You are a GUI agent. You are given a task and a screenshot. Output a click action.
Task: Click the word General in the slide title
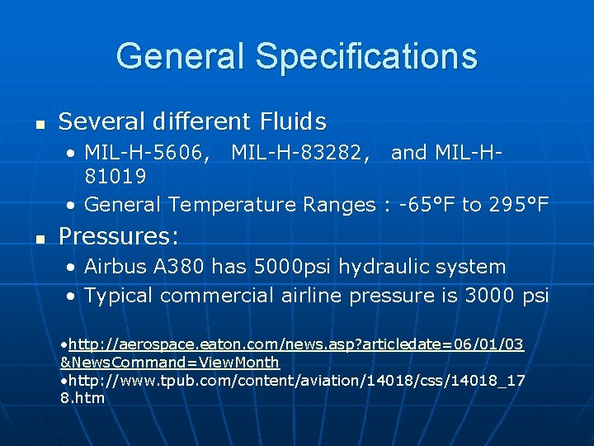[181, 56]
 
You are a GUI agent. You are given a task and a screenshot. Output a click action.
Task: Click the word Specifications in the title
[365, 56]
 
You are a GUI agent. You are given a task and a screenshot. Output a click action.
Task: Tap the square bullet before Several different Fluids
[38, 125]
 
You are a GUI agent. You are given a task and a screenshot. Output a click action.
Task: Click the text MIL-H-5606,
[147, 153]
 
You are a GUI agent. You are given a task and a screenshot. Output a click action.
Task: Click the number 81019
[115, 177]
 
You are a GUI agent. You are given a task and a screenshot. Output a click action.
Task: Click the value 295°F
[519, 204]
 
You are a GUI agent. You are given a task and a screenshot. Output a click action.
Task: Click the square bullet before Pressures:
[38, 240]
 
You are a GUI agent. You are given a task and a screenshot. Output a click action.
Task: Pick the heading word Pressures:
[119, 237]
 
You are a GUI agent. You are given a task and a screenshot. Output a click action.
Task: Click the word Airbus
[115, 267]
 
